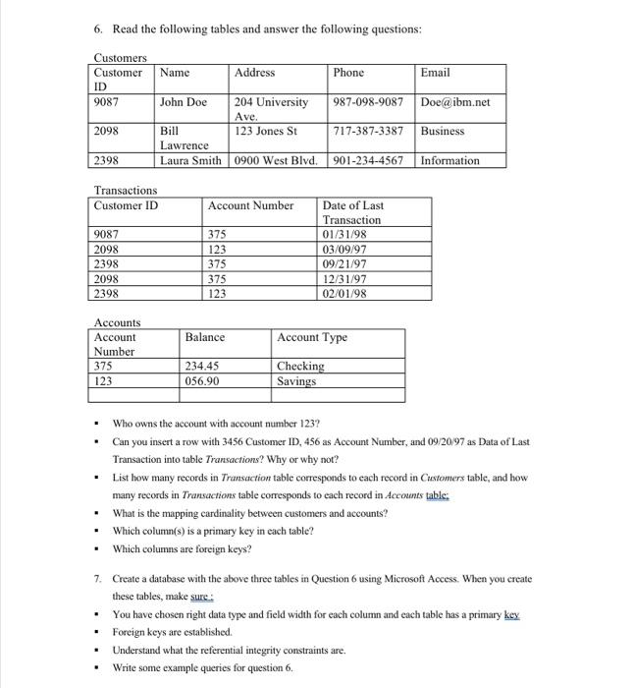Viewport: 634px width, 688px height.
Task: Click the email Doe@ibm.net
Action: click(454, 102)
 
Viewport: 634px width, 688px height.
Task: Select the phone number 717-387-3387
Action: click(368, 131)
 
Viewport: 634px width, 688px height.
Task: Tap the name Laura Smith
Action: click(192, 161)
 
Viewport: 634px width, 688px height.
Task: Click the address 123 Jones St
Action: click(266, 131)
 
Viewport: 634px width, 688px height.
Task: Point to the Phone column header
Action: click(348, 73)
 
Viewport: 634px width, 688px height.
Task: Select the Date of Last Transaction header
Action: click(352, 212)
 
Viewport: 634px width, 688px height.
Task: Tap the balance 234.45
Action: click(202, 367)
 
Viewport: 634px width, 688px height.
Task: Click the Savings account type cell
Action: click(297, 381)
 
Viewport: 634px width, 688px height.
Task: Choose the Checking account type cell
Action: click(300, 367)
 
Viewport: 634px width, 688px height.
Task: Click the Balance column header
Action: click(204, 337)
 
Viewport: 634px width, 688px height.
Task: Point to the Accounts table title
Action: click(117, 322)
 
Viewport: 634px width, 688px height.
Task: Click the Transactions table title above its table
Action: click(125, 190)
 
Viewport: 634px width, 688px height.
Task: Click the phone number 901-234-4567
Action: click(368, 161)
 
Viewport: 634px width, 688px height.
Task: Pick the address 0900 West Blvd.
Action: click(276, 161)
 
